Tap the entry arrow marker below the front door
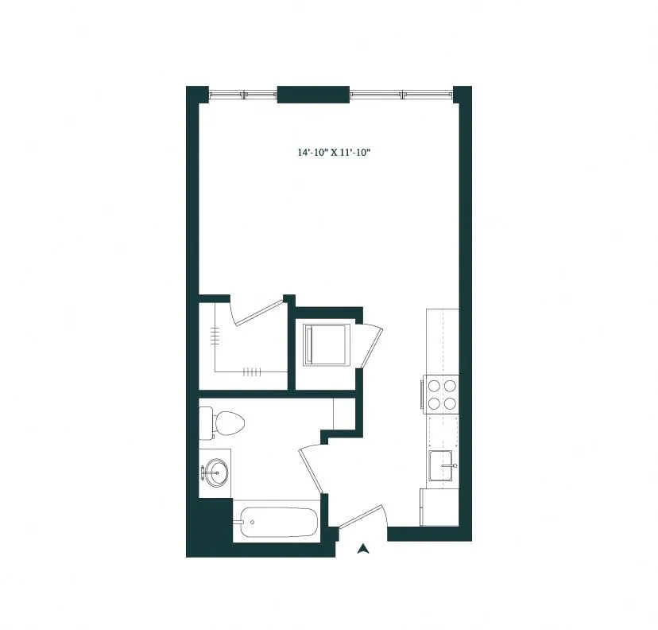click(363, 548)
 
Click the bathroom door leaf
click(311, 469)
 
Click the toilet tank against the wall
click(206, 422)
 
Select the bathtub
click(275, 523)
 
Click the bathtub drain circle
click(252, 523)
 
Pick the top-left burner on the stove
click(434, 386)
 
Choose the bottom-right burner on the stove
click(451, 402)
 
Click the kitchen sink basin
click(441, 465)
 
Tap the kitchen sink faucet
click(454, 465)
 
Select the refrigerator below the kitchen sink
click(439, 507)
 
